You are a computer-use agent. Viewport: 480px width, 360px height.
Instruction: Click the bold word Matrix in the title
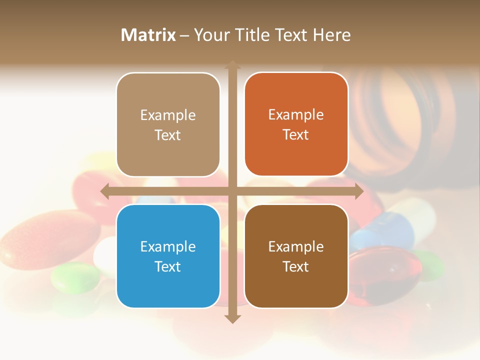tap(148, 35)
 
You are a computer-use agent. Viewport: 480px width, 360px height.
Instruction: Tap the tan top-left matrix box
tap(168, 124)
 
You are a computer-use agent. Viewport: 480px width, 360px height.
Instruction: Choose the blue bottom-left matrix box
tap(168, 256)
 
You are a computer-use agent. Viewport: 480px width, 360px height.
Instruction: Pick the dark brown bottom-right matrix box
tap(296, 256)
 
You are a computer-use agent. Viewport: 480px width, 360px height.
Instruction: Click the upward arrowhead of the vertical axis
tap(232, 65)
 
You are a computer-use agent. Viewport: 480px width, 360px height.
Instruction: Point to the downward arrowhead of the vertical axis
tap(232, 319)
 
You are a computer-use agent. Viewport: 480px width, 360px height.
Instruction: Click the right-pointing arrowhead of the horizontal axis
tap(359, 191)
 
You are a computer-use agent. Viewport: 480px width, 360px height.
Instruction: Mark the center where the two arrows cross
tap(232, 191)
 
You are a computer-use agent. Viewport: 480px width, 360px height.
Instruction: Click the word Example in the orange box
tap(296, 114)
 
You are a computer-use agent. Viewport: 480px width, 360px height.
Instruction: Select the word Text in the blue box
tap(168, 266)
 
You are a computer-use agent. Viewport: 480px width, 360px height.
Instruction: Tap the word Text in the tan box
tap(168, 135)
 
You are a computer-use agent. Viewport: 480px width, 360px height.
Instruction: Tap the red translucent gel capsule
tap(387, 272)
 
